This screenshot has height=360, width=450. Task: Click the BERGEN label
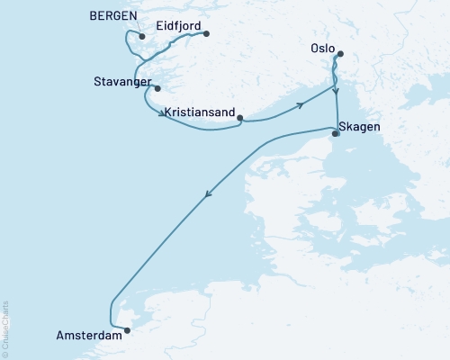point(113,17)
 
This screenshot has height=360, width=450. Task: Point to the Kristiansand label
point(201,113)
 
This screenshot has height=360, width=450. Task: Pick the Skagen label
point(359,127)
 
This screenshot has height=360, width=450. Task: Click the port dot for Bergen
point(142,36)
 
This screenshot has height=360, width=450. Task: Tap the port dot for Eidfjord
point(206,34)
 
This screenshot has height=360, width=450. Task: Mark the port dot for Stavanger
point(157,88)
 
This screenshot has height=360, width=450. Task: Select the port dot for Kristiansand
point(240,116)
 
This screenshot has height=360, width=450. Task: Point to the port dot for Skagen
point(336,133)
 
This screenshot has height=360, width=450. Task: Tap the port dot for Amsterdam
point(127,329)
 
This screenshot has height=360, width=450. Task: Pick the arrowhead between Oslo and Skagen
point(336,91)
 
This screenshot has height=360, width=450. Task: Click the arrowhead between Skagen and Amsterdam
point(209,198)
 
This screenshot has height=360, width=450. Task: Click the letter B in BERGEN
point(94,17)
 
